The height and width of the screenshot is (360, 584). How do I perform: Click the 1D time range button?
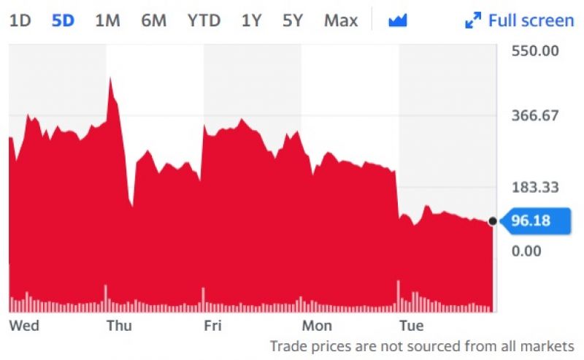pyautogui.click(x=20, y=20)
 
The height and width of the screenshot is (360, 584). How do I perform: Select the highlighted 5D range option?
pyautogui.click(x=63, y=20)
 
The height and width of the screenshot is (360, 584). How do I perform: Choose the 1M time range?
pyautogui.click(x=107, y=20)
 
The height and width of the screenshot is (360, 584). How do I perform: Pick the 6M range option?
pyautogui.click(x=154, y=20)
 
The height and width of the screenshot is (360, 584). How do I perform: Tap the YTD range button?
pyautogui.click(x=204, y=20)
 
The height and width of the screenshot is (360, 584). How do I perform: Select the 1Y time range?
pyautogui.click(x=252, y=20)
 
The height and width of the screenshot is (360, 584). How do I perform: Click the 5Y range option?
pyautogui.click(x=293, y=20)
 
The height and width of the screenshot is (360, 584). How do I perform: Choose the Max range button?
pyautogui.click(x=341, y=20)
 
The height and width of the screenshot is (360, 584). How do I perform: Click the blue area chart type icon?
pyautogui.click(x=398, y=20)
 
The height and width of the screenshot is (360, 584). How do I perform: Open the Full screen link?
pyautogui.click(x=520, y=20)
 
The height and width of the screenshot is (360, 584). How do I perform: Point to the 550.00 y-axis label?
pyautogui.click(x=535, y=50)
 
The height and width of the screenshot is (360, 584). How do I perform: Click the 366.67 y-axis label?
pyautogui.click(x=535, y=115)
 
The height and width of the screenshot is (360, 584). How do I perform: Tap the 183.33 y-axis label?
pyautogui.click(x=535, y=187)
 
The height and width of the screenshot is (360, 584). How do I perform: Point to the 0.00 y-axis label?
pyautogui.click(x=526, y=250)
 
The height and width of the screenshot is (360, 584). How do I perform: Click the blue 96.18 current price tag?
pyautogui.click(x=535, y=221)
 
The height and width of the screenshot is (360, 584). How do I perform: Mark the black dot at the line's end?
pyautogui.click(x=492, y=221)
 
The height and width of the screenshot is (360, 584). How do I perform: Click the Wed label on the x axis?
pyautogui.click(x=24, y=326)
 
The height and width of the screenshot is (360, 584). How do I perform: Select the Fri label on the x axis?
pyautogui.click(x=212, y=326)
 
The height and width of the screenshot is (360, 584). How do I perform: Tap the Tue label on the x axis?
pyautogui.click(x=412, y=326)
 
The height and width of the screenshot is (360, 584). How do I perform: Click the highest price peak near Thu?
pyautogui.click(x=110, y=78)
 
